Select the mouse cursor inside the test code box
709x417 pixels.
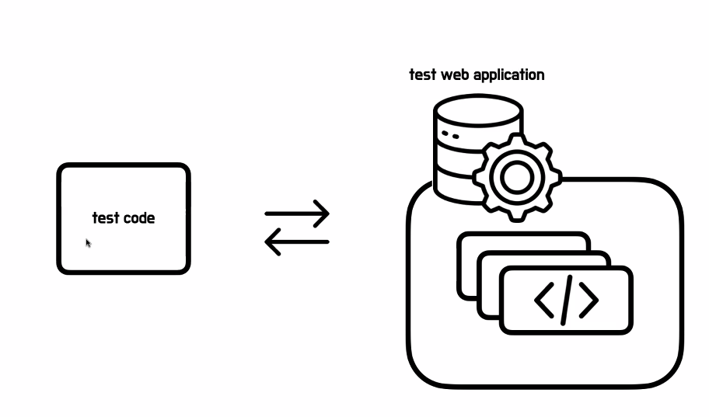(88, 243)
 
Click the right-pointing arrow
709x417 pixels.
(297, 213)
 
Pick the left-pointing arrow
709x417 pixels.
(297, 242)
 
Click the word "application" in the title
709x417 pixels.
(510, 75)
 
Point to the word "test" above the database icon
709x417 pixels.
(423, 75)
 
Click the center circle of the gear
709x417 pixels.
(515, 178)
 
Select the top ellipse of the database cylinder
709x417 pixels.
(477, 110)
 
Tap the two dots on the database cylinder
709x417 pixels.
(449, 135)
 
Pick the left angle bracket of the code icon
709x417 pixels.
(543, 300)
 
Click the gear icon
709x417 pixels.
(515, 178)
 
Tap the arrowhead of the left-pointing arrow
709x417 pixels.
(271, 242)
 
